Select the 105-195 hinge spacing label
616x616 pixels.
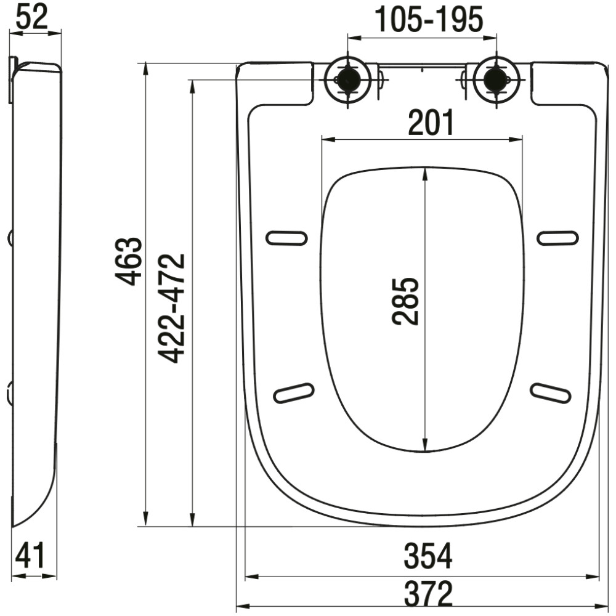(x=429, y=19)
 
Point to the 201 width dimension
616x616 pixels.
(x=431, y=122)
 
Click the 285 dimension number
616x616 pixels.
(x=406, y=301)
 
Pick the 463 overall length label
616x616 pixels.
(x=129, y=261)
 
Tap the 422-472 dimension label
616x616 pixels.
(x=171, y=309)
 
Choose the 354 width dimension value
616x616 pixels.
(x=428, y=556)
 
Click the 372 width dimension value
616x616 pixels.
(x=428, y=594)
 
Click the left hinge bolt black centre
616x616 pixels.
(x=347, y=79)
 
